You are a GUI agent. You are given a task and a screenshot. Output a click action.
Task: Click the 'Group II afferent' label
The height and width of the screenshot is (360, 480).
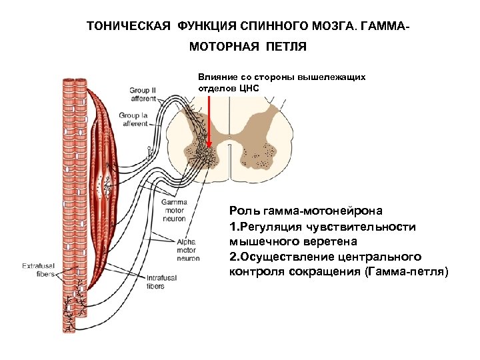[143, 94]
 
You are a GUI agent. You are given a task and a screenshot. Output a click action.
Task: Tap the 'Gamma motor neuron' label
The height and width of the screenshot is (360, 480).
[175, 209]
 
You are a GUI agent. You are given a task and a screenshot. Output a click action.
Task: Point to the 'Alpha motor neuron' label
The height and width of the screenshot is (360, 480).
[188, 250]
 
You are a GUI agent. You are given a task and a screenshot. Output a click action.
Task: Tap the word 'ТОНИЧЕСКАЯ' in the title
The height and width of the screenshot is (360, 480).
[129, 28]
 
